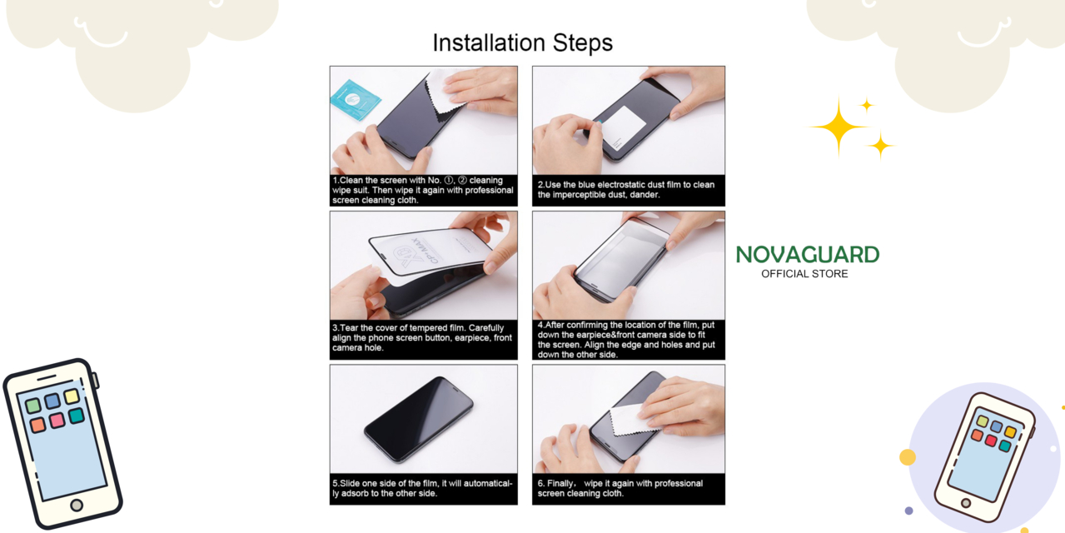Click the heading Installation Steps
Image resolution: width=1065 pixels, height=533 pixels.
coord(522,43)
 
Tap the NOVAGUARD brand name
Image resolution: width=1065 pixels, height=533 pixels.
coord(807,255)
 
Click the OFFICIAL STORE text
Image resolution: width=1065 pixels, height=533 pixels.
coord(804,274)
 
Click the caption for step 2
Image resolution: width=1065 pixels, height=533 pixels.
coord(626,190)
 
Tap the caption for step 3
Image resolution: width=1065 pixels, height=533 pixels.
coord(422,337)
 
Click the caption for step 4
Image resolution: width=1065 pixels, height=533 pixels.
coord(626,339)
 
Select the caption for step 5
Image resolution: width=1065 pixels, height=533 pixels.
coord(422,488)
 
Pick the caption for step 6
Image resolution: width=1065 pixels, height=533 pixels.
coord(620,488)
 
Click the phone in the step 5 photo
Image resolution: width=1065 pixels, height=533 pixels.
coord(419,420)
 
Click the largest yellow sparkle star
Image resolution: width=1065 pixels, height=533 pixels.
coord(838,127)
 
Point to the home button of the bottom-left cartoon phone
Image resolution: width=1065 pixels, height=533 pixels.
coord(77,505)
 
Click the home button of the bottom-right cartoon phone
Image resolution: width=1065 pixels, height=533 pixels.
coord(966,503)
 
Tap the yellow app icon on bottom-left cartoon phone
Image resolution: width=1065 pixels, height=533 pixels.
coord(72,396)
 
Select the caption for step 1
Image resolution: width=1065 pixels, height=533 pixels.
coord(422,190)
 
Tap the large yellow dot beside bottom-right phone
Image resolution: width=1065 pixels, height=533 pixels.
coord(908,456)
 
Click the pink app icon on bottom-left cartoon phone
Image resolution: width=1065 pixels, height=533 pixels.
coord(57,421)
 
